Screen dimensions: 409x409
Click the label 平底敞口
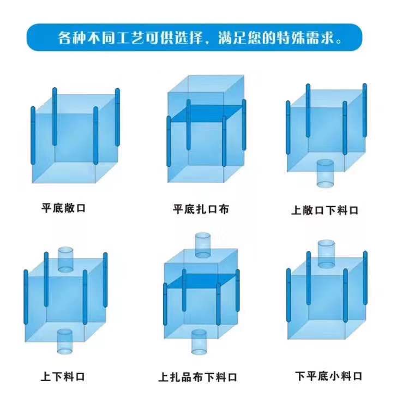point(63,208)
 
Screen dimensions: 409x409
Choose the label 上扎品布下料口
point(198,377)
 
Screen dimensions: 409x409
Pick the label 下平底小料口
point(329,376)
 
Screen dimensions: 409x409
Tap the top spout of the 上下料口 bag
point(65,258)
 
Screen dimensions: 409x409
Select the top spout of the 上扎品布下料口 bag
point(202,245)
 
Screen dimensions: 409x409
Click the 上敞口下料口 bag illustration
point(325,131)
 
